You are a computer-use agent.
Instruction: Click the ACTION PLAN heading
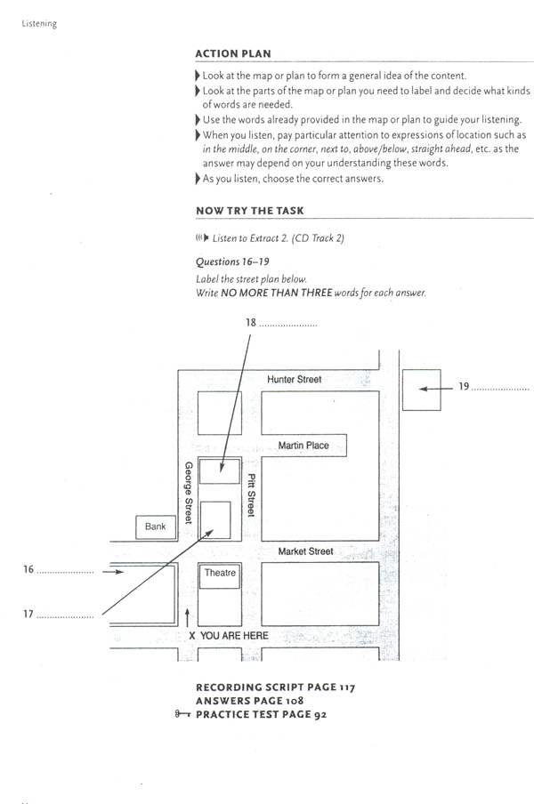pyautogui.click(x=233, y=53)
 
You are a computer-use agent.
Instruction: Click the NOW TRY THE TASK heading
pyautogui.click(x=249, y=211)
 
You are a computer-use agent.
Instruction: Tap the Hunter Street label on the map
pyautogui.click(x=295, y=380)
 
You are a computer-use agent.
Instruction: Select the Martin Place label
pyautogui.click(x=303, y=446)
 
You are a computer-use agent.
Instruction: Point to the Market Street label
pyautogui.click(x=305, y=551)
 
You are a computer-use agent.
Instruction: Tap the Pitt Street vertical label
pyautogui.click(x=252, y=495)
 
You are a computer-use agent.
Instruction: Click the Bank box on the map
pyautogui.click(x=156, y=527)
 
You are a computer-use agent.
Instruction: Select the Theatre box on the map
pyautogui.click(x=220, y=574)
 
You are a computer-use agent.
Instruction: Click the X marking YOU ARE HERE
pyautogui.click(x=192, y=636)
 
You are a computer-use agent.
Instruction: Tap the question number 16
pyautogui.click(x=28, y=570)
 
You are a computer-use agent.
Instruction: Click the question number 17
pyautogui.click(x=28, y=614)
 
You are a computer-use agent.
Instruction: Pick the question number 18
pyautogui.click(x=250, y=325)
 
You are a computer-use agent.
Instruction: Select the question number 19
pyautogui.click(x=463, y=387)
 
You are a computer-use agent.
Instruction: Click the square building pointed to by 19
pyautogui.click(x=421, y=390)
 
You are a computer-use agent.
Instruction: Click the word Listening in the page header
pyautogui.click(x=38, y=24)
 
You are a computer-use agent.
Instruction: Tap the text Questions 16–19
pyautogui.click(x=232, y=261)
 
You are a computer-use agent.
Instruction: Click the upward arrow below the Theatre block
pyautogui.click(x=188, y=615)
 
